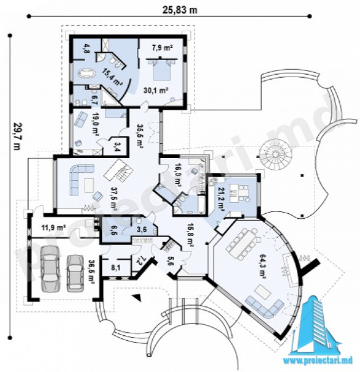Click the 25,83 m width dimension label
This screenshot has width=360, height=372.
[x=180, y=10]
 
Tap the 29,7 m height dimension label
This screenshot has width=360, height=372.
[x=17, y=136]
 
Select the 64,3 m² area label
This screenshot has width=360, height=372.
[x=262, y=267]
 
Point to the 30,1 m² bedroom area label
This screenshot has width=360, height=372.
[x=156, y=90]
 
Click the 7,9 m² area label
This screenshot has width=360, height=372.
[x=162, y=48]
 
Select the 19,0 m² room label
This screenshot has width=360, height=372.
[x=94, y=124]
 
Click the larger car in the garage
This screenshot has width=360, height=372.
[x=50, y=268]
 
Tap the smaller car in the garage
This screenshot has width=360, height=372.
[x=75, y=273]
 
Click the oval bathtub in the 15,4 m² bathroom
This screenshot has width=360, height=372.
[x=86, y=74]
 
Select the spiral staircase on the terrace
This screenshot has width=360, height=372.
[x=275, y=154]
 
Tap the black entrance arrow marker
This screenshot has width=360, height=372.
[x=137, y=297]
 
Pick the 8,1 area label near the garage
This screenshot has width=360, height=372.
[x=116, y=268]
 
